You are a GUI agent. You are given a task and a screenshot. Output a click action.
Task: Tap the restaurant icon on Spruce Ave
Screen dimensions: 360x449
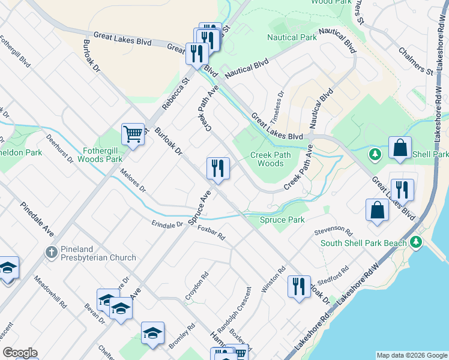tap(217, 168)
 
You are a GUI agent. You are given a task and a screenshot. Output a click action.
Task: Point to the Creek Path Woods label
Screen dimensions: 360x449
tap(267, 159)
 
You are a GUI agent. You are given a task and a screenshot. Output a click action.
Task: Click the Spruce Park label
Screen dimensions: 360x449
tap(282, 220)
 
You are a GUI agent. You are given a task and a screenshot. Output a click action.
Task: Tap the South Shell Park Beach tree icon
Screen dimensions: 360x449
tap(417, 242)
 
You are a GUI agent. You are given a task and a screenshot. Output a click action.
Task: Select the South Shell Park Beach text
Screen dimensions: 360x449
tap(364, 243)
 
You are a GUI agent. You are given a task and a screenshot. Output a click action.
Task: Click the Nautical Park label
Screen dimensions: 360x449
tap(292, 37)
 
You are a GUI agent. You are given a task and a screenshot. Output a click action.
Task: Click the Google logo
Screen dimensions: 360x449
tap(20, 353)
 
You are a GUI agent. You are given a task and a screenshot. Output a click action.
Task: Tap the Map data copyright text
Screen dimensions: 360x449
tap(411, 355)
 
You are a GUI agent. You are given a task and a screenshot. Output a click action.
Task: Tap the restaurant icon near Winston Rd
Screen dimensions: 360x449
tap(298, 286)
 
